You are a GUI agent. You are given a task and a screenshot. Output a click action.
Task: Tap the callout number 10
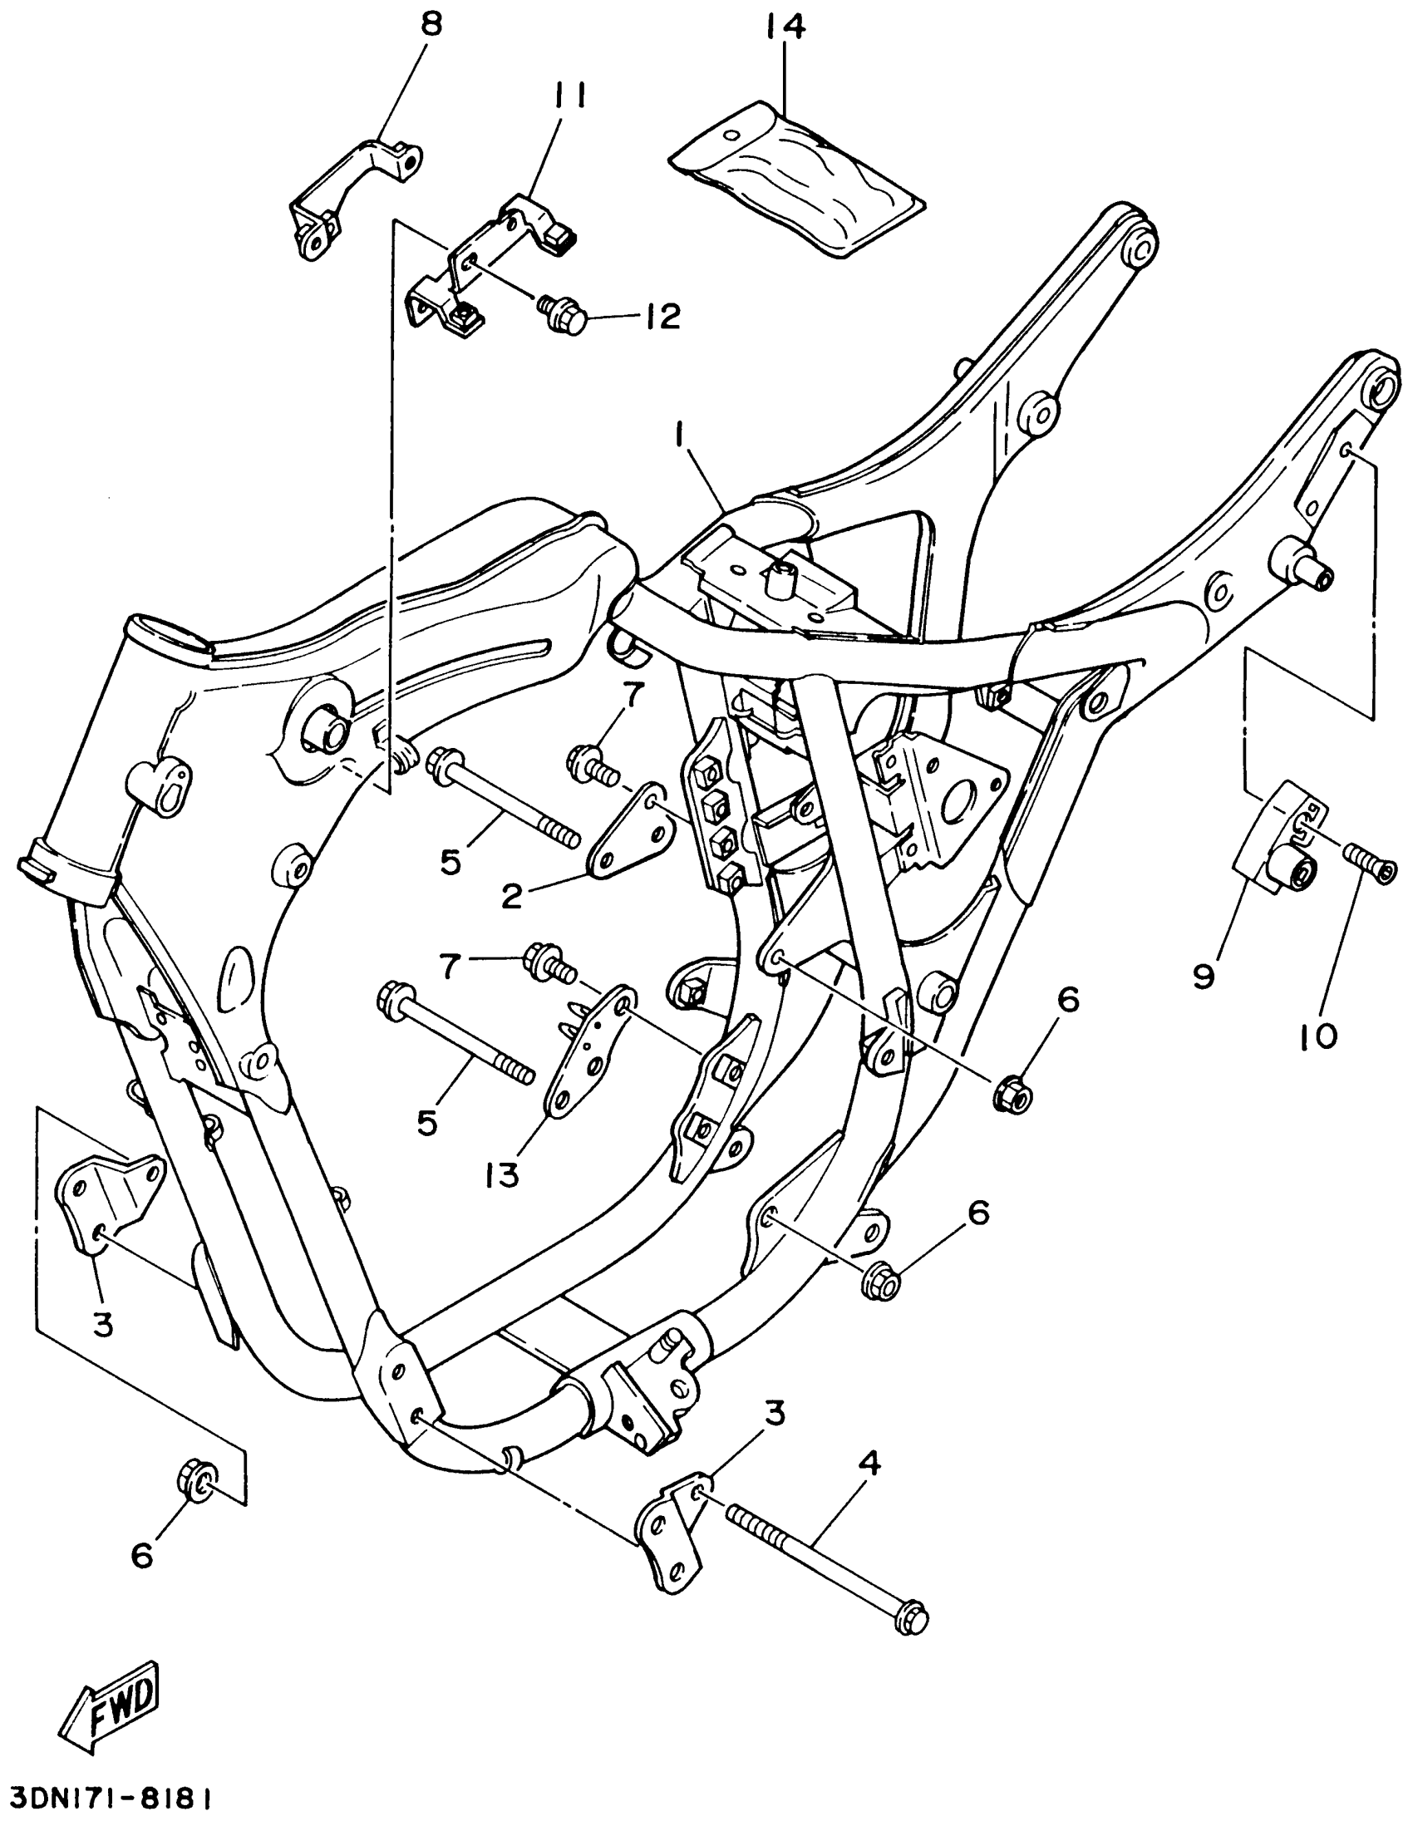(1318, 1036)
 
